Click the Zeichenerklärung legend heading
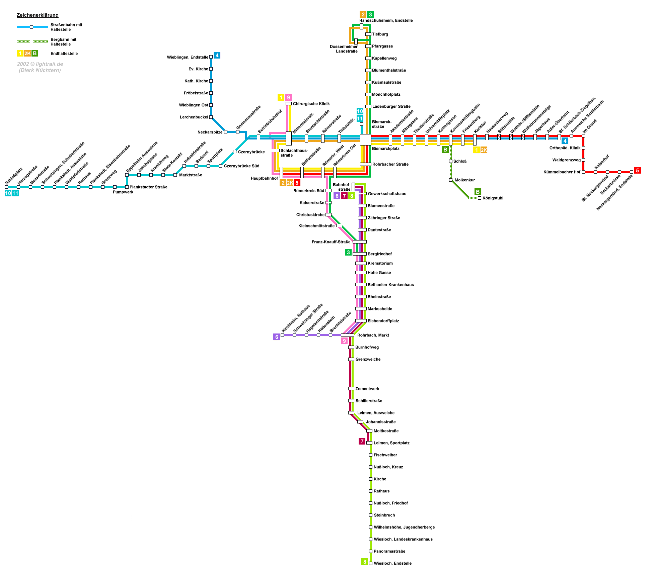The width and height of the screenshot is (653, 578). click(38, 15)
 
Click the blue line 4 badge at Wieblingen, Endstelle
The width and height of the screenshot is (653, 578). click(217, 56)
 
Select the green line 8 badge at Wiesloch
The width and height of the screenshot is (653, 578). click(365, 562)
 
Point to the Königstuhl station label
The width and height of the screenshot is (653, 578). click(493, 198)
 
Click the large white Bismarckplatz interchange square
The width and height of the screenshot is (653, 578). click(365, 140)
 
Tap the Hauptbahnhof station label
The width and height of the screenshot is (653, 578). click(264, 178)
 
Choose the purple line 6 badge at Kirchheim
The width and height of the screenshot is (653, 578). click(277, 337)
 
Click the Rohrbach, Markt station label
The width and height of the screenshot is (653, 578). click(373, 335)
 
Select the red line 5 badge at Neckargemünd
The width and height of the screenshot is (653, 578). click(637, 170)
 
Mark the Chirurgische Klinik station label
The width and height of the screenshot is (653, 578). click(311, 104)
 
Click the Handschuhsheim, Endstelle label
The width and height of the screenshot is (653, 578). click(386, 20)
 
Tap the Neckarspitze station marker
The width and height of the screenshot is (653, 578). click(225, 132)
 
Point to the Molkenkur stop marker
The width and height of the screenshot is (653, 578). click(451, 180)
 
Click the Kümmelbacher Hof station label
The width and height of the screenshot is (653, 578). click(562, 172)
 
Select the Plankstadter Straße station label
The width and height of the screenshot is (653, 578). click(148, 187)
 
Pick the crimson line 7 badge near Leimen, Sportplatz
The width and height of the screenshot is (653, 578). click(362, 441)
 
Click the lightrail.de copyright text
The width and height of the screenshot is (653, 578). click(40, 64)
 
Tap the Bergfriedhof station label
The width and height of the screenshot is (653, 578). click(379, 254)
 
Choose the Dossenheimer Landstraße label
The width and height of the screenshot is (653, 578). click(344, 49)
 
